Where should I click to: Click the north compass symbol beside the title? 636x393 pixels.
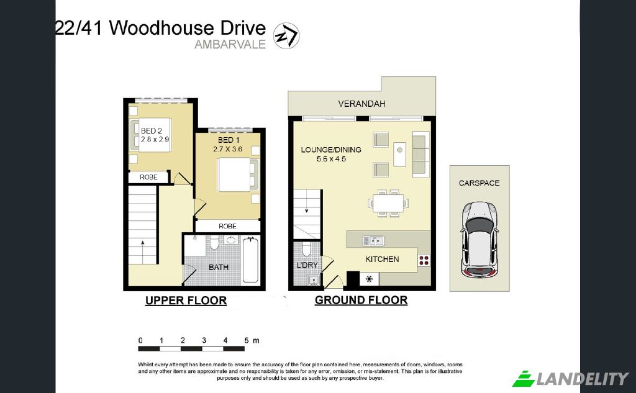286,35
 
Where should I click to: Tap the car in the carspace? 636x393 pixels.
479,240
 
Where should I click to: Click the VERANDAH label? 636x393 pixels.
361,104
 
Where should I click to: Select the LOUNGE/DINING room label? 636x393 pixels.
331,154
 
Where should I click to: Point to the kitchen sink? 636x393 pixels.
373,241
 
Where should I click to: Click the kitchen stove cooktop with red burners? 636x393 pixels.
424,260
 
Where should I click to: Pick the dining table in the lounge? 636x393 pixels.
388,203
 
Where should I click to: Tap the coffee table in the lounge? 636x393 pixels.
399,154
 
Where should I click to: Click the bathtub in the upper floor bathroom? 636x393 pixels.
250,260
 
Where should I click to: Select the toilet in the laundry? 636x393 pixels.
307,249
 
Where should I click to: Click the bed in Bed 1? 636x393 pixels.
238,174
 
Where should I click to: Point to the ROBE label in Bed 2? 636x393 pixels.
148,177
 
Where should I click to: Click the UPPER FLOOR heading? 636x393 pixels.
186,300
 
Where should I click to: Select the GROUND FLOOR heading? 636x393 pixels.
361,300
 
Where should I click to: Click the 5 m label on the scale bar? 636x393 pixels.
252,341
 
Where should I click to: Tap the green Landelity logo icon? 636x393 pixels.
524,378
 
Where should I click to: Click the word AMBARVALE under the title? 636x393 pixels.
230,44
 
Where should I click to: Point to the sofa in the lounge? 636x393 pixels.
421,154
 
